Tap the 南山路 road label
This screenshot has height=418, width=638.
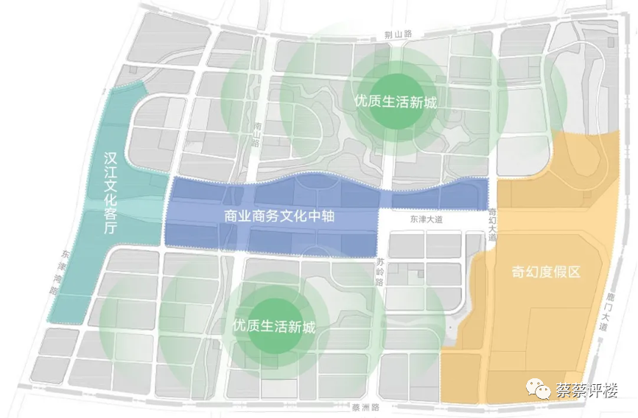[x=256, y=134]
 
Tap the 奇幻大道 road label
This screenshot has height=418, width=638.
[x=492, y=224]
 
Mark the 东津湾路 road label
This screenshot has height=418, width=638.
[x=58, y=271]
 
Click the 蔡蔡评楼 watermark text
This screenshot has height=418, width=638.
[x=586, y=389]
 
